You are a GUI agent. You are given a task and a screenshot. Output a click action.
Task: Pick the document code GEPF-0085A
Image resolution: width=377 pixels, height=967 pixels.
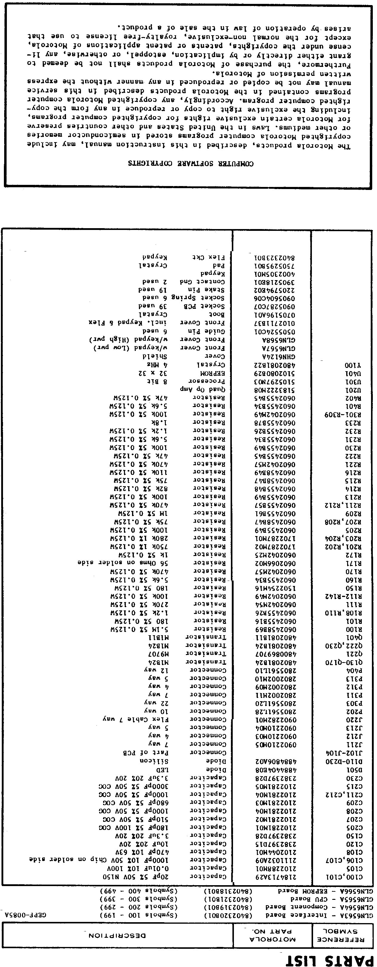pos(25,915)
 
